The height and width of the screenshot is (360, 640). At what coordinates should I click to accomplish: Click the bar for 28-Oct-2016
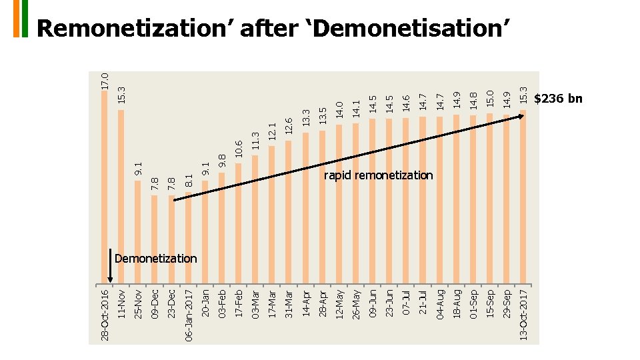[105, 187]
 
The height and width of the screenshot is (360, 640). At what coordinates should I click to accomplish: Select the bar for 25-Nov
[137, 232]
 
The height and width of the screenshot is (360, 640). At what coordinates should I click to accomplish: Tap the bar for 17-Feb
[239, 224]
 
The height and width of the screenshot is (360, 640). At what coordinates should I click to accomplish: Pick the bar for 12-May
[339, 204]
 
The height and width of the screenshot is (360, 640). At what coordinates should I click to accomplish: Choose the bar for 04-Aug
[439, 200]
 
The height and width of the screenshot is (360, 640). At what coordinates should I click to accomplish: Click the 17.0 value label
[105, 81]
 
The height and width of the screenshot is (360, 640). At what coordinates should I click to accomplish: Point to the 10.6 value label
[239, 149]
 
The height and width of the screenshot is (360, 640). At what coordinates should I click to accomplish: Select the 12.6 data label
[289, 127]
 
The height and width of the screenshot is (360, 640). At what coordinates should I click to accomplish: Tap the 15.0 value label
[490, 99]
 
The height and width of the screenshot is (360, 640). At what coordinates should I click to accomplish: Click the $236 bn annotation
[558, 99]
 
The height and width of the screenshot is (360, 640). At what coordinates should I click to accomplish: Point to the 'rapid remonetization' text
[379, 175]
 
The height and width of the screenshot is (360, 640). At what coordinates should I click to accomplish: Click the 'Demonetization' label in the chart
[155, 259]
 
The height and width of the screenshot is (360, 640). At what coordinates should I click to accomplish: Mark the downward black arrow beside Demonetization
[110, 266]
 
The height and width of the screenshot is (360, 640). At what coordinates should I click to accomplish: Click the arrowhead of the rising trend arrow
[521, 116]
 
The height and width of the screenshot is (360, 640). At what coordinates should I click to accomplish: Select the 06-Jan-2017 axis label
[188, 315]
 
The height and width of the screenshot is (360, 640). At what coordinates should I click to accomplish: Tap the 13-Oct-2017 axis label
[523, 315]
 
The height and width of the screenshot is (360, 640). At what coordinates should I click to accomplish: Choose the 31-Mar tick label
[289, 304]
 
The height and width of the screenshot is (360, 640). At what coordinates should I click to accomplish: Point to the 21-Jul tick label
[423, 303]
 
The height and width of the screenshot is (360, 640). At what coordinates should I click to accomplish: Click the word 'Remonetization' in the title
[131, 29]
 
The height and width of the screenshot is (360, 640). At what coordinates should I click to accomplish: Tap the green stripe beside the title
[25, 19]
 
